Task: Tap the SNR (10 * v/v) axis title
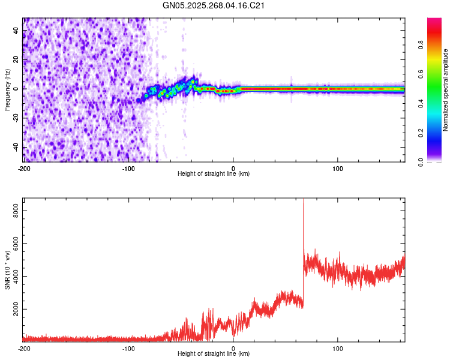point(7,270)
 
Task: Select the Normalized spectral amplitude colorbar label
point(446,90)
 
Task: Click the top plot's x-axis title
point(214,173)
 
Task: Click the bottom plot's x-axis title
point(214,353)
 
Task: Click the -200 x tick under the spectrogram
point(24,167)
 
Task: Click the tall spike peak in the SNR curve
point(304,200)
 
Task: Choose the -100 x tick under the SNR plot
point(128,347)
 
